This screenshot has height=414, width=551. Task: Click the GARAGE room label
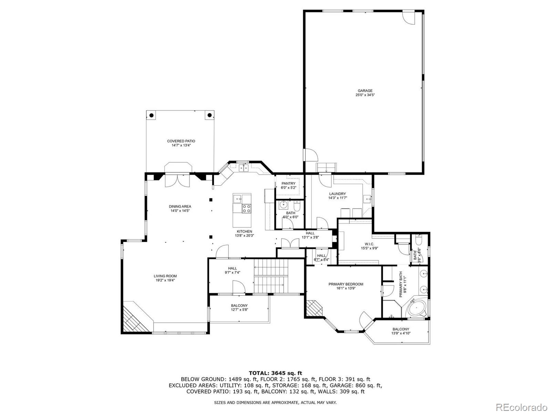point(365,91)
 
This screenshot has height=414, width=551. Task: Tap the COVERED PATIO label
point(181,141)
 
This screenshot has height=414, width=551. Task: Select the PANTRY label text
point(288,184)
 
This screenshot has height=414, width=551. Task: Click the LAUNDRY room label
point(337,194)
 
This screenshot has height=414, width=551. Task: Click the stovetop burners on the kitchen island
point(247,208)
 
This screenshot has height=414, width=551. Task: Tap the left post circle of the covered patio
point(151,116)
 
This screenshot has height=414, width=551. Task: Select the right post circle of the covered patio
point(209,116)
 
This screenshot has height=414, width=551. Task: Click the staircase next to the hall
point(271,276)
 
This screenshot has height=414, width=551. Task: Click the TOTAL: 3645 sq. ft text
point(275,373)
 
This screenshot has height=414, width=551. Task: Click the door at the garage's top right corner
point(409,17)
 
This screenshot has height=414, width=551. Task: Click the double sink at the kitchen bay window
point(244,168)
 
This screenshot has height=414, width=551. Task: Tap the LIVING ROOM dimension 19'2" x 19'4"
point(165,280)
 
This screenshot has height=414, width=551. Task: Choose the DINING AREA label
point(180,207)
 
